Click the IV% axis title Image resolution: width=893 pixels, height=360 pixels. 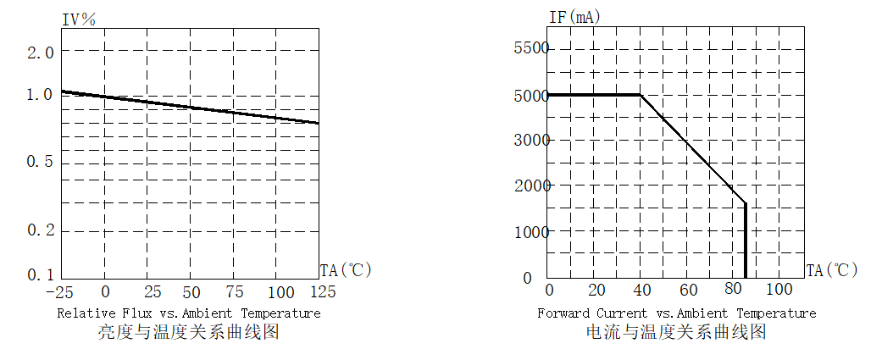coord(80,18)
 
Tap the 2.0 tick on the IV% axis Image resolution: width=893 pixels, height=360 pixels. coord(40,53)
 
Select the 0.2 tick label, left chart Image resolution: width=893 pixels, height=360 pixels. coord(40,230)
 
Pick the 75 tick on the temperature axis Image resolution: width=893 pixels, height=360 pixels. coord(234,292)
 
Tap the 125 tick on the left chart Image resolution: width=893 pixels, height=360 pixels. coord(320,292)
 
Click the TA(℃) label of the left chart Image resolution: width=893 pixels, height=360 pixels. coord(346,271)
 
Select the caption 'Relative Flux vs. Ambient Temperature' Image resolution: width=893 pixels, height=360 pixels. coord(189,313)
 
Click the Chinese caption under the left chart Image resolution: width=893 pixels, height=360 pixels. coord(189,333)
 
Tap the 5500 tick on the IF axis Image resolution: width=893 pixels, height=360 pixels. coord(532,48)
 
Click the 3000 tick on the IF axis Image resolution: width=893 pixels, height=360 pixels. coord(532,140)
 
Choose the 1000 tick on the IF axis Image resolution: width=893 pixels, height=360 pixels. coord(532,231)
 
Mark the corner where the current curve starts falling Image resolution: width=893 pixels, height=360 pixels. coord(641,95)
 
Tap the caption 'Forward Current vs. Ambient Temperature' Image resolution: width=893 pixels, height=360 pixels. coord(676,313)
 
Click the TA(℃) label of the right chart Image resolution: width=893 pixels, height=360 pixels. coord(832,271)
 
